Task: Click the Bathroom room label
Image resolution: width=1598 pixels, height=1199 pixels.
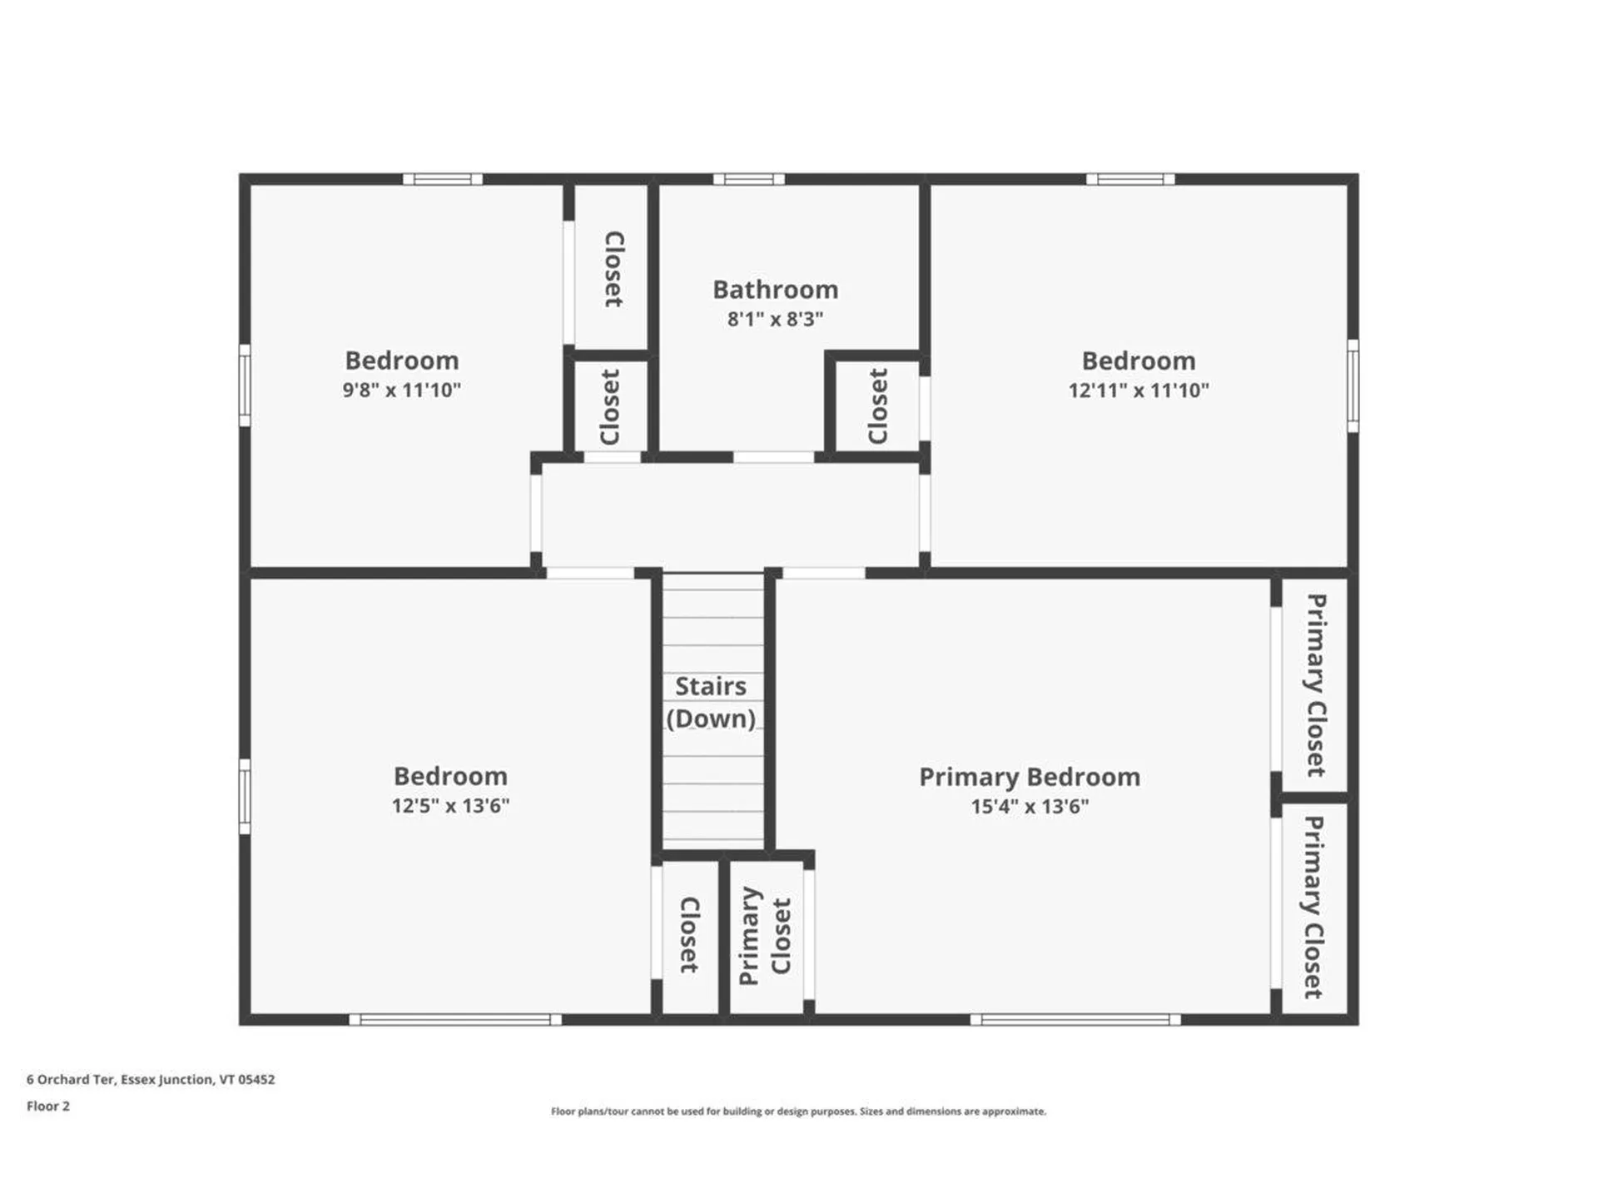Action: point(775,290)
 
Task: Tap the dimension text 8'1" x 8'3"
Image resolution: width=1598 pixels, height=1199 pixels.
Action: point(775,319)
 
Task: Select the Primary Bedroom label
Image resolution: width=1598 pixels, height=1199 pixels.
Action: point(1030,777)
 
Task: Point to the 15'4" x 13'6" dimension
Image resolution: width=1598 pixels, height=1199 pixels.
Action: point(1030,806)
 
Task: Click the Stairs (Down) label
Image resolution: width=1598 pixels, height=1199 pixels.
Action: point(711,702)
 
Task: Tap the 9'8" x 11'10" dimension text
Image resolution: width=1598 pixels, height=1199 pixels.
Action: point(401,390)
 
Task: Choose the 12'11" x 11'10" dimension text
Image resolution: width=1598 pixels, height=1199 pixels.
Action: point(1139,390)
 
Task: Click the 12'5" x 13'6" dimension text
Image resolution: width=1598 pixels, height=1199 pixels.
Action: point(450,805)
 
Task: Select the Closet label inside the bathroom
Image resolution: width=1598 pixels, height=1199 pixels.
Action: point(878,406)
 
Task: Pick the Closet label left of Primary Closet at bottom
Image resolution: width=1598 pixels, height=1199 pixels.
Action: point(689,934)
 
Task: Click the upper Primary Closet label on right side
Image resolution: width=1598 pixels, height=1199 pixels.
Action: point(1315,684)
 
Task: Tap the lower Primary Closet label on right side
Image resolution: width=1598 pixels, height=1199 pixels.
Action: point(1313,907)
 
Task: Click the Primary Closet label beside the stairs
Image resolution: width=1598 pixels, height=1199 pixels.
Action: point(765,936)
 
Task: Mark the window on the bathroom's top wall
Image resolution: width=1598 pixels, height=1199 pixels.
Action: point(748,179)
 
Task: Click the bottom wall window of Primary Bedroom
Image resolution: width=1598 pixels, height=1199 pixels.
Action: point(1075,1019)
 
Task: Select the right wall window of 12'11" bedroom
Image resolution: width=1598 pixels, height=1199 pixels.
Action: point(1352,385)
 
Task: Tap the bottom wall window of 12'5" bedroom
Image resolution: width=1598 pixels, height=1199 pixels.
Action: point(455,1019)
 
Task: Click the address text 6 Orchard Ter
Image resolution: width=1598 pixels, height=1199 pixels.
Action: point(151,1079)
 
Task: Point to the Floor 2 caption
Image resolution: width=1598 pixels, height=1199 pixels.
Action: point(48,1106)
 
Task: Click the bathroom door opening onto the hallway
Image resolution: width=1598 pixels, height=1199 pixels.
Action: point(773,457)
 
